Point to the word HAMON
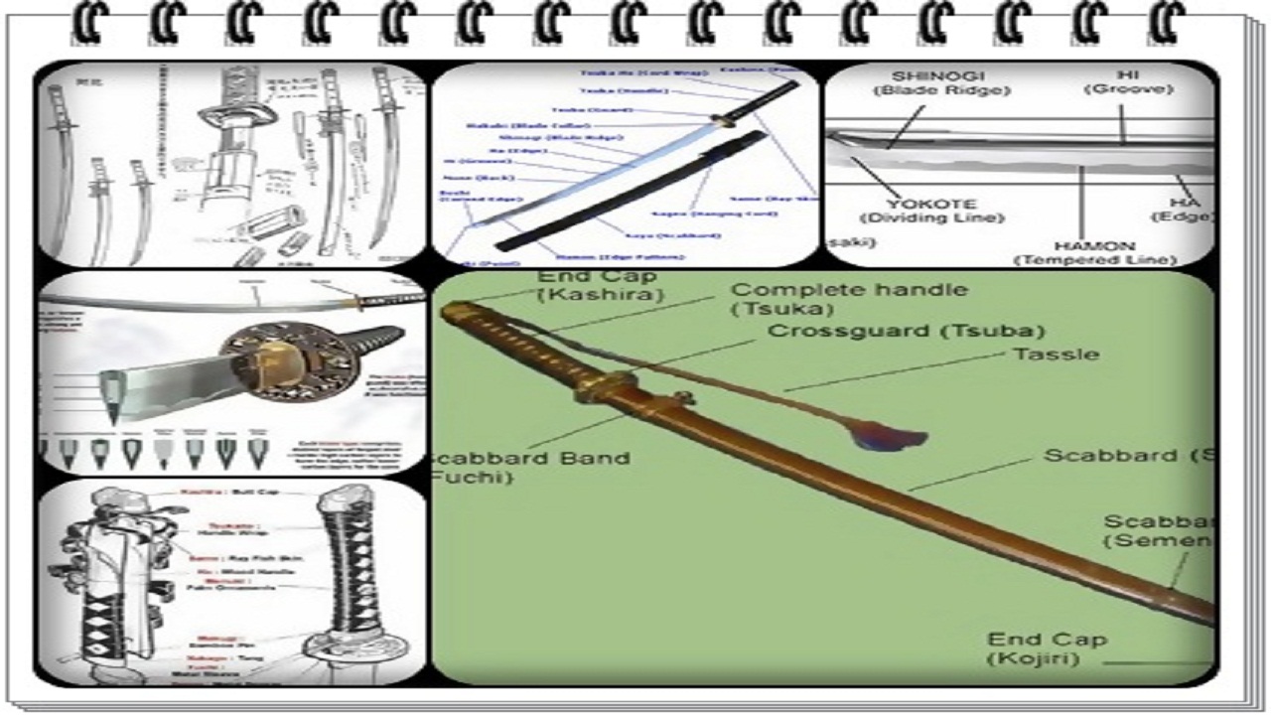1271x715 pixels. point(1094,245)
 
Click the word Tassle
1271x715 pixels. point(1055,355)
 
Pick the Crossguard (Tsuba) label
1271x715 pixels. point(906,331)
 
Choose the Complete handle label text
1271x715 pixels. point(849,290)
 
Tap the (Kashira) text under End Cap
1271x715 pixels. point(601,295)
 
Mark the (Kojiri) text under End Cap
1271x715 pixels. point(1033,658)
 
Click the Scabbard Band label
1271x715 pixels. point(529,458)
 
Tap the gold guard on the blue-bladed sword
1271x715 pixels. point(722,122)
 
